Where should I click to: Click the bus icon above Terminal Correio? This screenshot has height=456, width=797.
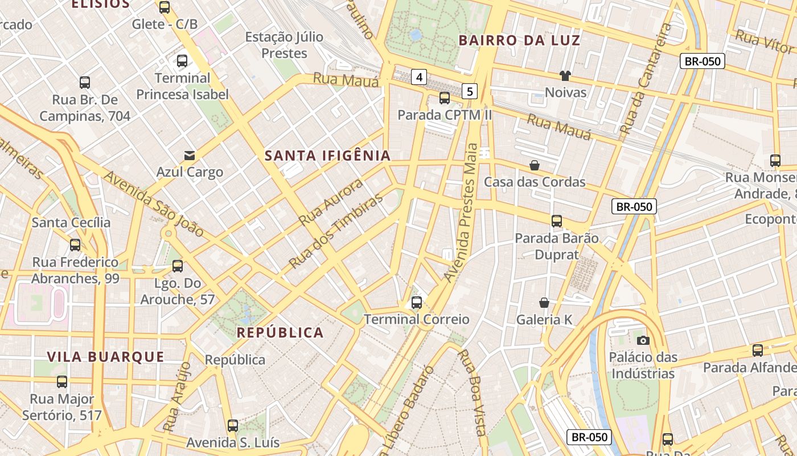417,303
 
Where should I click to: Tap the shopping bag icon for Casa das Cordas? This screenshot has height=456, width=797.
535,166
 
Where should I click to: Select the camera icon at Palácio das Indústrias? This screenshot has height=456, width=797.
643,340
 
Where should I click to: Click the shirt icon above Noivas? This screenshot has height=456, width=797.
565,76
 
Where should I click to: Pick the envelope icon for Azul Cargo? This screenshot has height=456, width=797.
189,155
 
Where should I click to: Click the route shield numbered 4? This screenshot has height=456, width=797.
419,77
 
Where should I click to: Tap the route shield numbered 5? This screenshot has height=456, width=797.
469,91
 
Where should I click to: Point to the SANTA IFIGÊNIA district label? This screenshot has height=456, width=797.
328,156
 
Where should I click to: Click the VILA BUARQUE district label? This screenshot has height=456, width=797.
105,357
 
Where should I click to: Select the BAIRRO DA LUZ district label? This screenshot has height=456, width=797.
519,40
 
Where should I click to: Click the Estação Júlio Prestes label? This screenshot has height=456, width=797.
284,45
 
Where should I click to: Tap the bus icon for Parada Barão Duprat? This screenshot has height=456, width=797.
557,221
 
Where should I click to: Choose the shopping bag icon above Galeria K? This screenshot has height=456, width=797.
544,303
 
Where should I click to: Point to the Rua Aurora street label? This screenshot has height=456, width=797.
331,202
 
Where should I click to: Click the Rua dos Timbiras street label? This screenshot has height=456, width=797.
336,233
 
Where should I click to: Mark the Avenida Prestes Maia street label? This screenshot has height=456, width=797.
462,212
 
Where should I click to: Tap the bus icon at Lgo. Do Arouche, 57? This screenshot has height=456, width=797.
178,266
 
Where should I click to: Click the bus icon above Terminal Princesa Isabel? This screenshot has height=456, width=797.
182,61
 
